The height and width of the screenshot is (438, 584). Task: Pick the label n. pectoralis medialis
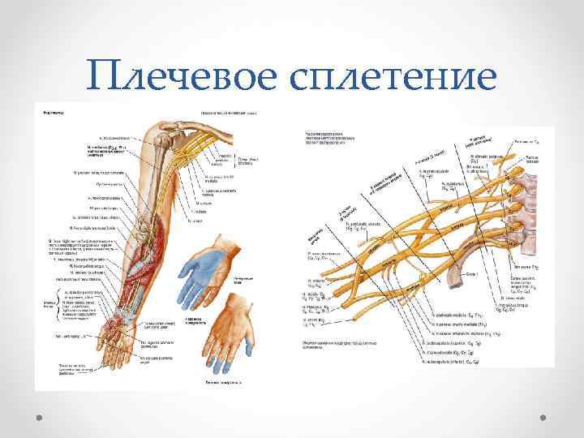pyautogui.click(x=449, y=314)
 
